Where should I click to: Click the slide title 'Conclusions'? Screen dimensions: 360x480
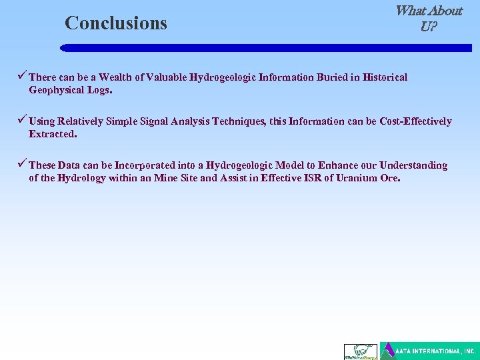pos(116,23)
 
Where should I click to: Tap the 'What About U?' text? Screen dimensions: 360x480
pos(428,19)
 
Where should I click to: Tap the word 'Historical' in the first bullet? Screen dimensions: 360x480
pos(385,77)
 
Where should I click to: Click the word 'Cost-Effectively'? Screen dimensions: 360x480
pos(415,121)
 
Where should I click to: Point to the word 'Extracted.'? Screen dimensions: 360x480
pos(53,134)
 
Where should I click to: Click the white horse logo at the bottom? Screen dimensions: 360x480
pos(360,351)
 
